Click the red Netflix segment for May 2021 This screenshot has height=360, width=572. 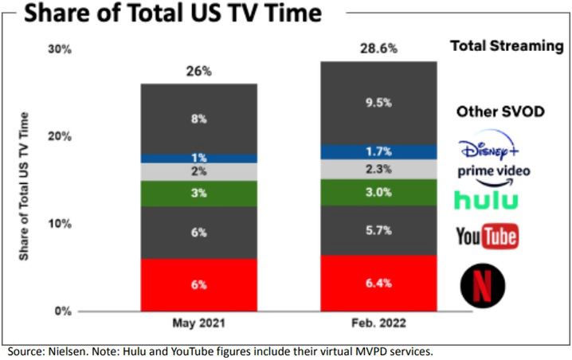tap(198, 284)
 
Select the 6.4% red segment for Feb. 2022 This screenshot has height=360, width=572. tap(378, 283)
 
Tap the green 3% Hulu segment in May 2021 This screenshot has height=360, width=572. tap(198, 194)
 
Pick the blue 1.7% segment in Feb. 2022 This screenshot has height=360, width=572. tap(378, 151)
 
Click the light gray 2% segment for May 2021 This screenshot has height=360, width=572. tap(198, 171)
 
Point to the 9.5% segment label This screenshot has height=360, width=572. tap(378, 102)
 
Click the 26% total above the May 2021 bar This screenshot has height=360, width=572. tap(198, 72)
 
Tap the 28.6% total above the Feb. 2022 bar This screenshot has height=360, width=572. tap(378, 49)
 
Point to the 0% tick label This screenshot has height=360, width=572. tap(63, 311)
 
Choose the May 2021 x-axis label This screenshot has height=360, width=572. tap(198, 325)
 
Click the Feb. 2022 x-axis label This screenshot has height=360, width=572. tap(378, 325)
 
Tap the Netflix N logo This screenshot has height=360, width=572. tap(485, 284)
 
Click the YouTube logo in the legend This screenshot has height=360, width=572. tap(487, 236)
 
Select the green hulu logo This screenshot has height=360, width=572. tap(485, 199)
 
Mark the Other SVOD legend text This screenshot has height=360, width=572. tap(500, 111)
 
